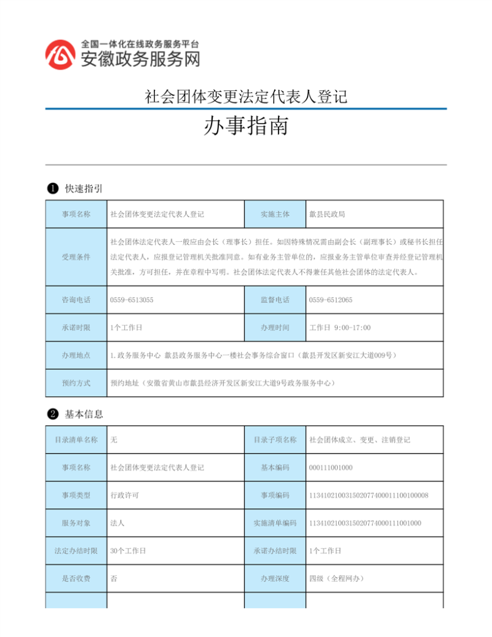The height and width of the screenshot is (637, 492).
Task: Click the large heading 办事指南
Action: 245,127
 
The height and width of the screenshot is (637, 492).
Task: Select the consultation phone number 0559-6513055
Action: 132,300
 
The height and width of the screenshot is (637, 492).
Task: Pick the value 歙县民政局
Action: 327,214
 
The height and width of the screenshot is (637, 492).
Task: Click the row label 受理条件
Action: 76,257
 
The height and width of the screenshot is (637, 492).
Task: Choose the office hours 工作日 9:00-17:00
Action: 339,327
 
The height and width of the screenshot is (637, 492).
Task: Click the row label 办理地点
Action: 76,355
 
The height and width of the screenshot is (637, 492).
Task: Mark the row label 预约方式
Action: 76,383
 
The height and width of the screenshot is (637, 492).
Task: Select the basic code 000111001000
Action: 331,468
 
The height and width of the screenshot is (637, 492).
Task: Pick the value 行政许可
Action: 124,495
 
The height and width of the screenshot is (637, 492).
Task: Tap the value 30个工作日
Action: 128,551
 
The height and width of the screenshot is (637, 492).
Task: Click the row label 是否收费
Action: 76,579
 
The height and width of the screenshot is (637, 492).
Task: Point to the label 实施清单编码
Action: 275,523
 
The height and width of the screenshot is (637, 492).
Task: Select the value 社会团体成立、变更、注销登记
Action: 359,440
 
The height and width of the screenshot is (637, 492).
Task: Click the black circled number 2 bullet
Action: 53,414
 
